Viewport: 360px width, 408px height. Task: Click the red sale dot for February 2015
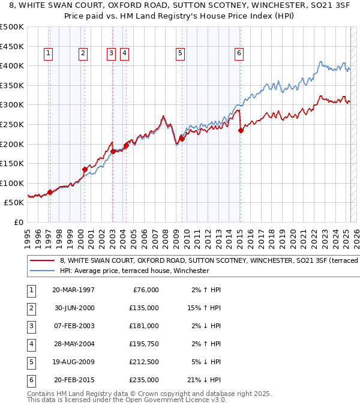coord(240,130)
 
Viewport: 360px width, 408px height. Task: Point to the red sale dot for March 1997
coord(50,192)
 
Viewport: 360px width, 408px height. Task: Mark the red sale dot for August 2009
coord(181,139)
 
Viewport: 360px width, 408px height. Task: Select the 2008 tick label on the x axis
coord(165,235)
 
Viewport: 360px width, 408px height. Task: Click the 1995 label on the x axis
coord(28,235)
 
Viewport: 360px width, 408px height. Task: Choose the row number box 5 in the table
coord(31,362)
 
